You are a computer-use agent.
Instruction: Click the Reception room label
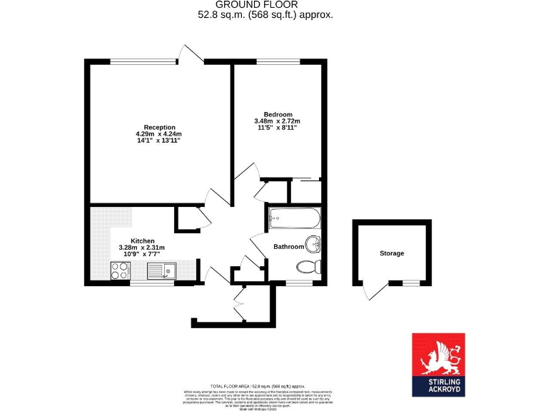click(x=159, y=127)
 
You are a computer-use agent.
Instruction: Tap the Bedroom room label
click(x=278, y=114)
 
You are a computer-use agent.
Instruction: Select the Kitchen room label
click(x=143, y=241)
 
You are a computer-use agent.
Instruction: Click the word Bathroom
click(x=289, y=247)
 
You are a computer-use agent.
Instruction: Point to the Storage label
click(x=392, y=253)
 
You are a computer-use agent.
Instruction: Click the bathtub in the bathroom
click(x=294, y=218)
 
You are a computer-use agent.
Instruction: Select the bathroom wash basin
click(x=313, y=243)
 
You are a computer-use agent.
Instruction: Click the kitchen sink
click(x=162, y=270)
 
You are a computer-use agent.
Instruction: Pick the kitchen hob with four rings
click(x=120, y=270)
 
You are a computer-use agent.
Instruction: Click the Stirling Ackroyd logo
click(x=438, y=364)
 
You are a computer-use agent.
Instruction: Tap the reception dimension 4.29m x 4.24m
click(x=159, y=134)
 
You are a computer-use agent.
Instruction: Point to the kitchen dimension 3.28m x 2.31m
click(x=142, y=248)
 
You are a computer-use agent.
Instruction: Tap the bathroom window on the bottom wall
click(x=298, y=283)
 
